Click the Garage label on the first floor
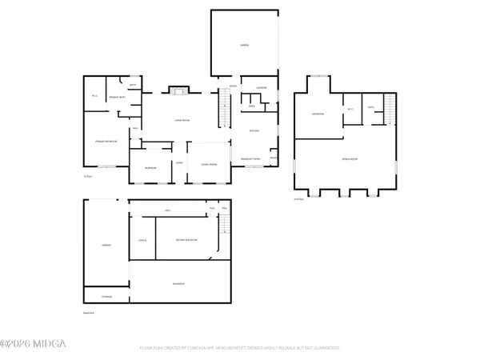click(246, 46)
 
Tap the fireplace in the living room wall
click(178, 90)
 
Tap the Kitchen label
click(254, 130)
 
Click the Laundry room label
click(261, 87)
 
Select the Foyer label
click(180, 163)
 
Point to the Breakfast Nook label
click(253, 159)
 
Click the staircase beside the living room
click(224, 104)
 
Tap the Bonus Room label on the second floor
click(349, 160)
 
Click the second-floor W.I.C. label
click(350, 108)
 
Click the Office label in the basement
click(142, 239)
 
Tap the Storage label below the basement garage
click(106, 297)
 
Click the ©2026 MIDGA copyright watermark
click(34, 345)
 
